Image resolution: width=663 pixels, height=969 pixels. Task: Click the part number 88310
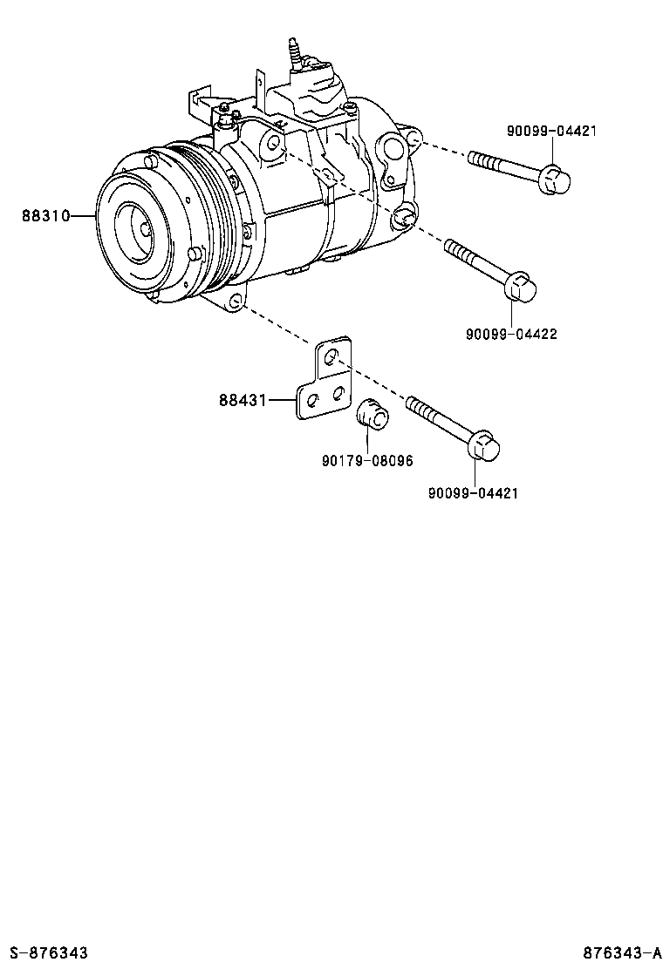pos(45,215)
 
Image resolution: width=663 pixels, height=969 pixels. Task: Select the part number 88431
pos(243,400)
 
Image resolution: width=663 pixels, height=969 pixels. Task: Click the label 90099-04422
pos(510,334)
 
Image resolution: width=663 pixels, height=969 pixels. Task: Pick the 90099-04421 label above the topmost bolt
pos(551,132)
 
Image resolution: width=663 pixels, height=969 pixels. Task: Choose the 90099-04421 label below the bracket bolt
pos(473,493)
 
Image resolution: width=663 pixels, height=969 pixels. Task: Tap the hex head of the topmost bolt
pos(554,180)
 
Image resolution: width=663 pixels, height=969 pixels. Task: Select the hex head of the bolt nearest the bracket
pos(483,447)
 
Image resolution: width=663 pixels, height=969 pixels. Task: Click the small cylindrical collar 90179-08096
pos(374,413)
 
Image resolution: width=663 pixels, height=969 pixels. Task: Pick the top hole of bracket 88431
pos(330,357)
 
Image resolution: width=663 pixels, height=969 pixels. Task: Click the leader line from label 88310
pos(81,215)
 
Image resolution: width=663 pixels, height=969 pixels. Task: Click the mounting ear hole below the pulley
pos(235,302)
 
